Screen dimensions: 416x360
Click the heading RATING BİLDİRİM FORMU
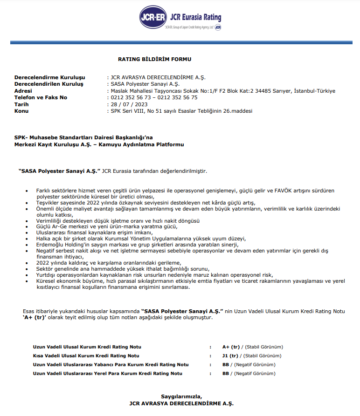click(x=154, y=59)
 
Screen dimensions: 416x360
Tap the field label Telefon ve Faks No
click(x=41, y=97)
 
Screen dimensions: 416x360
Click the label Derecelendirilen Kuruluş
click(x=48, y=84)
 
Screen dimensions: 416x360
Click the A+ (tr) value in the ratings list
click(x=231, y=347)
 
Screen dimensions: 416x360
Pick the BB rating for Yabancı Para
click(x=226, y=365)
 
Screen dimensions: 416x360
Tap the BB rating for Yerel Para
click(x=226, y=374)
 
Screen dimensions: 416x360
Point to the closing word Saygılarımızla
click(x=181, y=396)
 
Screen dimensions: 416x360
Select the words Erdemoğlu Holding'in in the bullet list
click(x=59, y=245)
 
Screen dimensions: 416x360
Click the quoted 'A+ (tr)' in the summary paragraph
click(x=36, y=317)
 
